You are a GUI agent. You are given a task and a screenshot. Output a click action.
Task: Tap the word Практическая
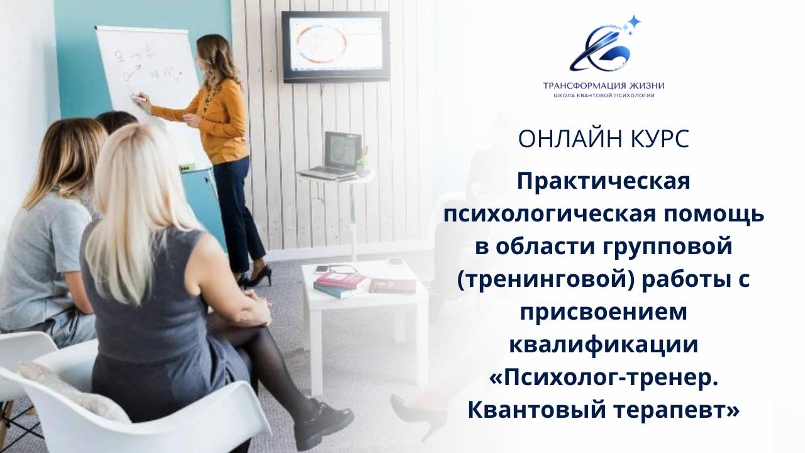coord(603,182)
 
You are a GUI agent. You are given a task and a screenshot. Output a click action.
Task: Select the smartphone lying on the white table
coord(322,269)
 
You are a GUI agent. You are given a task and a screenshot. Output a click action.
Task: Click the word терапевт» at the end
coord(673,411)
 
